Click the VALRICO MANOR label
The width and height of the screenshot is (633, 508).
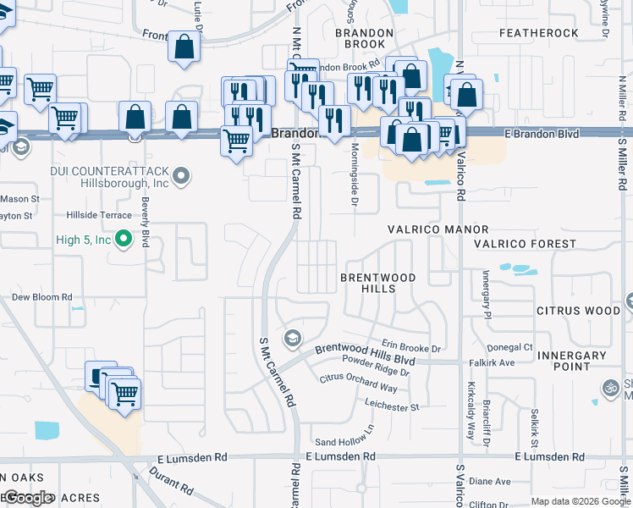(x=438, y=229)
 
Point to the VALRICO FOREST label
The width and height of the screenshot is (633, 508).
(x=525, y=244)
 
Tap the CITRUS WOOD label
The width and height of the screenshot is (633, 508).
(x=579, y=311)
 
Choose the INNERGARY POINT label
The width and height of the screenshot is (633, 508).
(x=571, y=362)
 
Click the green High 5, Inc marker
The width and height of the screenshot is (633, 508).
(x=124, y=240)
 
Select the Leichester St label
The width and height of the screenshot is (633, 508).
(x=392, y=407)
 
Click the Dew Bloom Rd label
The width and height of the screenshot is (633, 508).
(x=41, y=297)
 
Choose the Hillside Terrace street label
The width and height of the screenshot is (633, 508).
(x=93, y=216)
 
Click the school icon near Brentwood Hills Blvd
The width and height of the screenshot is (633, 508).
(x=293, y=339)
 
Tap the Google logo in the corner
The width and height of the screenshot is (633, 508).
(x=27, y=498)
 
